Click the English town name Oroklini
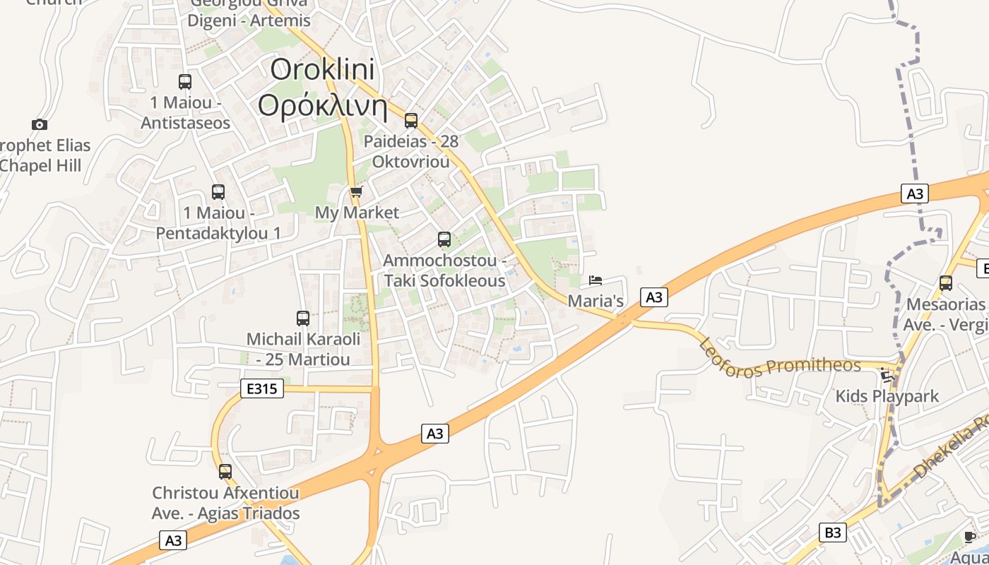(x=323, y=70)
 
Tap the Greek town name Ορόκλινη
(x=323, y=106)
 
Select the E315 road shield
(x=262, y=388)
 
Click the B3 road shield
(x=834, y=532)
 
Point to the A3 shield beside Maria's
(x=654, y=297)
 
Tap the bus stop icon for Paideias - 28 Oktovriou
(x=411, y=121)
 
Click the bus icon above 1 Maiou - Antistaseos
(x=185, y=82)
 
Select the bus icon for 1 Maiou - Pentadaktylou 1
(x=218, y=192)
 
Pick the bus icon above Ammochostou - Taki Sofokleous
(x=444, y=239)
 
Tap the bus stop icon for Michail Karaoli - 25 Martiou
(x=303, y=319)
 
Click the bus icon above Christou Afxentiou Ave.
(x=225, y=471)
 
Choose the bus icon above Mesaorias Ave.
(x=946, y=283)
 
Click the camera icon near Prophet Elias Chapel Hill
(x=40, y=125)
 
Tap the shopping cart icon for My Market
(x=356, y=192)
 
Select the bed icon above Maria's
(x=596, y=280)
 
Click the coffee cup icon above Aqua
(x=970, y=537)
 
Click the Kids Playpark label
(x=887, y=396)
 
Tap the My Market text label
(x=357, y=213)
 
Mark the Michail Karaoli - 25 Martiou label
(x=303, y=349)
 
